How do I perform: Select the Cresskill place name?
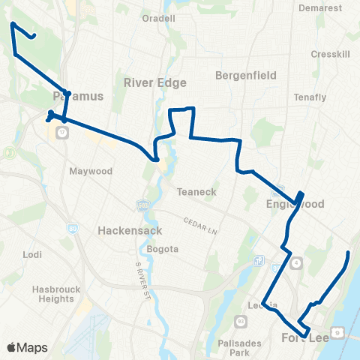point(327,55)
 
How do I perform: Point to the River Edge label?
point(154,82)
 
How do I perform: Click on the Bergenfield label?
point(246,76)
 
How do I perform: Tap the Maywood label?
point(91,171)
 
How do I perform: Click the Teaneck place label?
point(196,192)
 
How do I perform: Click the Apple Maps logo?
point(27,347)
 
